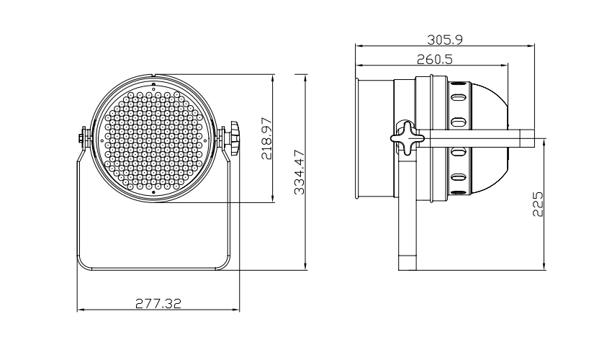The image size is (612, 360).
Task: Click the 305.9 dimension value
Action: [446, 39]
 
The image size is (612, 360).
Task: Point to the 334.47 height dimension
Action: [298, 172]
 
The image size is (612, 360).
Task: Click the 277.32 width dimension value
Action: [158, 303]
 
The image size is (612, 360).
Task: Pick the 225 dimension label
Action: [536, 204]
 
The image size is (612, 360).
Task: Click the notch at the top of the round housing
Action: [155, 76]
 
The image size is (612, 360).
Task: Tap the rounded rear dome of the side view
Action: [493, 137]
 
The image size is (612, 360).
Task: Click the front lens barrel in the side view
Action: [374, 137]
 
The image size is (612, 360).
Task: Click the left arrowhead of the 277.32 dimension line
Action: [80, 310]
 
